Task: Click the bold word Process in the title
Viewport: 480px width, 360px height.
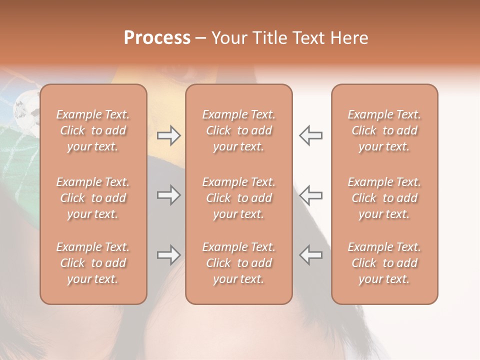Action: pyautogui.click(x=157, y=38)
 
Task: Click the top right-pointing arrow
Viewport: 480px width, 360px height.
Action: pyautogui.click(x=168, y=135)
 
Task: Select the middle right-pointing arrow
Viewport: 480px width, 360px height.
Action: pyautogui.click(x=168, y=195)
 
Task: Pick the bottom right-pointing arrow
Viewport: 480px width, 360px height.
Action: pyautogui.click(x=168, y=255)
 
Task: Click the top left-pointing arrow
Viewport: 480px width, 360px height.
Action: pyautogui.click(x=311, y=135)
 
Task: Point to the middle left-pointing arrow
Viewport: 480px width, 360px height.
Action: pyautogui.click(x=311, y=195)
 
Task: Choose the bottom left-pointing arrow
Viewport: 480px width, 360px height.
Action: pyautogui.click(x=311, y=255)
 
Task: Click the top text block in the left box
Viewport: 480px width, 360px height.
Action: pyautogui.click(x=93, y=130)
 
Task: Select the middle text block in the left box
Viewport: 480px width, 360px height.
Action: pyautogui.click(x=93, y=198)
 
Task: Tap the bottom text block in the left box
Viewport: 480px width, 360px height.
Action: pyautogui.click(x=93, y=263)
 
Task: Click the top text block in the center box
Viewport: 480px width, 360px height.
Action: pyautogui.click(x=238, y=130)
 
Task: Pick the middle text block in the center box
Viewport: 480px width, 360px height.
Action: pyautogui.click(x=238, y=198)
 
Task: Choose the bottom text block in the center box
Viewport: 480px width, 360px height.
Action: pyautogui.click(x=238, y=263)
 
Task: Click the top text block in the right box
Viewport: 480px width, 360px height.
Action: pyautogui.click(x=384, y=130)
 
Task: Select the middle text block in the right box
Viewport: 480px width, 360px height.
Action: pyautogui.click(x=384, y=198)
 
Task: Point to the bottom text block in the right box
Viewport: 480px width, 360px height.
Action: pyautogui.click(x=384, y=263)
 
